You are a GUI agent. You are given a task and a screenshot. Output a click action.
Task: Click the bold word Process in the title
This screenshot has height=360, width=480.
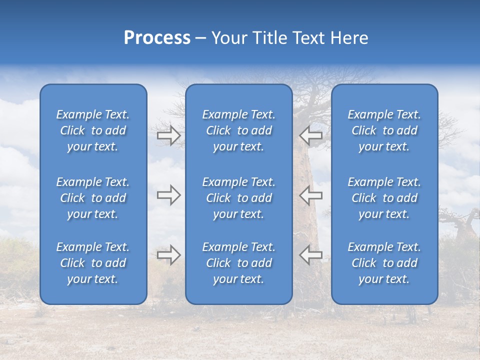(x=157, y=38)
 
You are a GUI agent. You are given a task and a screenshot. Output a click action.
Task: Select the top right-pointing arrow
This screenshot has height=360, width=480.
(x=168, y=135)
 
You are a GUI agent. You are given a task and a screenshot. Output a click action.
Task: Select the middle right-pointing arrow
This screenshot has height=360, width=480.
(x=168, y=195)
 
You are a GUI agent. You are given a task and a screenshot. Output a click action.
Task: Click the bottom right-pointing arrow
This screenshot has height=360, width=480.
(x=168, y=255)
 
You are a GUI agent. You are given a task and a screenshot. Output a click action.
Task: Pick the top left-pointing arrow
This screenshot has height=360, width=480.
(x=310, y=135)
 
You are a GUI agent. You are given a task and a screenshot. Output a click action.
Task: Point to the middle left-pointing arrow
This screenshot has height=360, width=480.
(x=310, y=195)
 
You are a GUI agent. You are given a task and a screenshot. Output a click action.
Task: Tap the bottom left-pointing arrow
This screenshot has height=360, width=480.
(x=310, y=255)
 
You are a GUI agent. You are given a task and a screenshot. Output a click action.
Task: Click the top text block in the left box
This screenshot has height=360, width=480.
(x=93, y=130)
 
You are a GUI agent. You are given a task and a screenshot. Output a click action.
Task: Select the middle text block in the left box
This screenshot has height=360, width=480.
(x=93, y=198)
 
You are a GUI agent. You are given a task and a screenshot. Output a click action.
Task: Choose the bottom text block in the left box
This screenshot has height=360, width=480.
(x=93, y=263)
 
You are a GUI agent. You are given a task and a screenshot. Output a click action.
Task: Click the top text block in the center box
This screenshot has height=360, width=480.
(x=238, y=130)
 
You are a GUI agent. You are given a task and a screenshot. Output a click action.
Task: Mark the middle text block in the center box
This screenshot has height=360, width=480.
(x=238, y=198)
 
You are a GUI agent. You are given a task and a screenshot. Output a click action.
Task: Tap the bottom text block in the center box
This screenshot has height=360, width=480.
(x=238, y=263)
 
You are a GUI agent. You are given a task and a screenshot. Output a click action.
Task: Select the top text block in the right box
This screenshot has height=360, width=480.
(x=384, y=130)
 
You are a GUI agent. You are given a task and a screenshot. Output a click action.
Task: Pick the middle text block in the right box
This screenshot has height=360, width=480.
(x=384, y=198)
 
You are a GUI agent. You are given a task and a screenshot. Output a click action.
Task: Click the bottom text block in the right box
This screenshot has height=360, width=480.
(x=384, y=263)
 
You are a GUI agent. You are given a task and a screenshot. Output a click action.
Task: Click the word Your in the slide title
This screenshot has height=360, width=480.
(x=229, y=38)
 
